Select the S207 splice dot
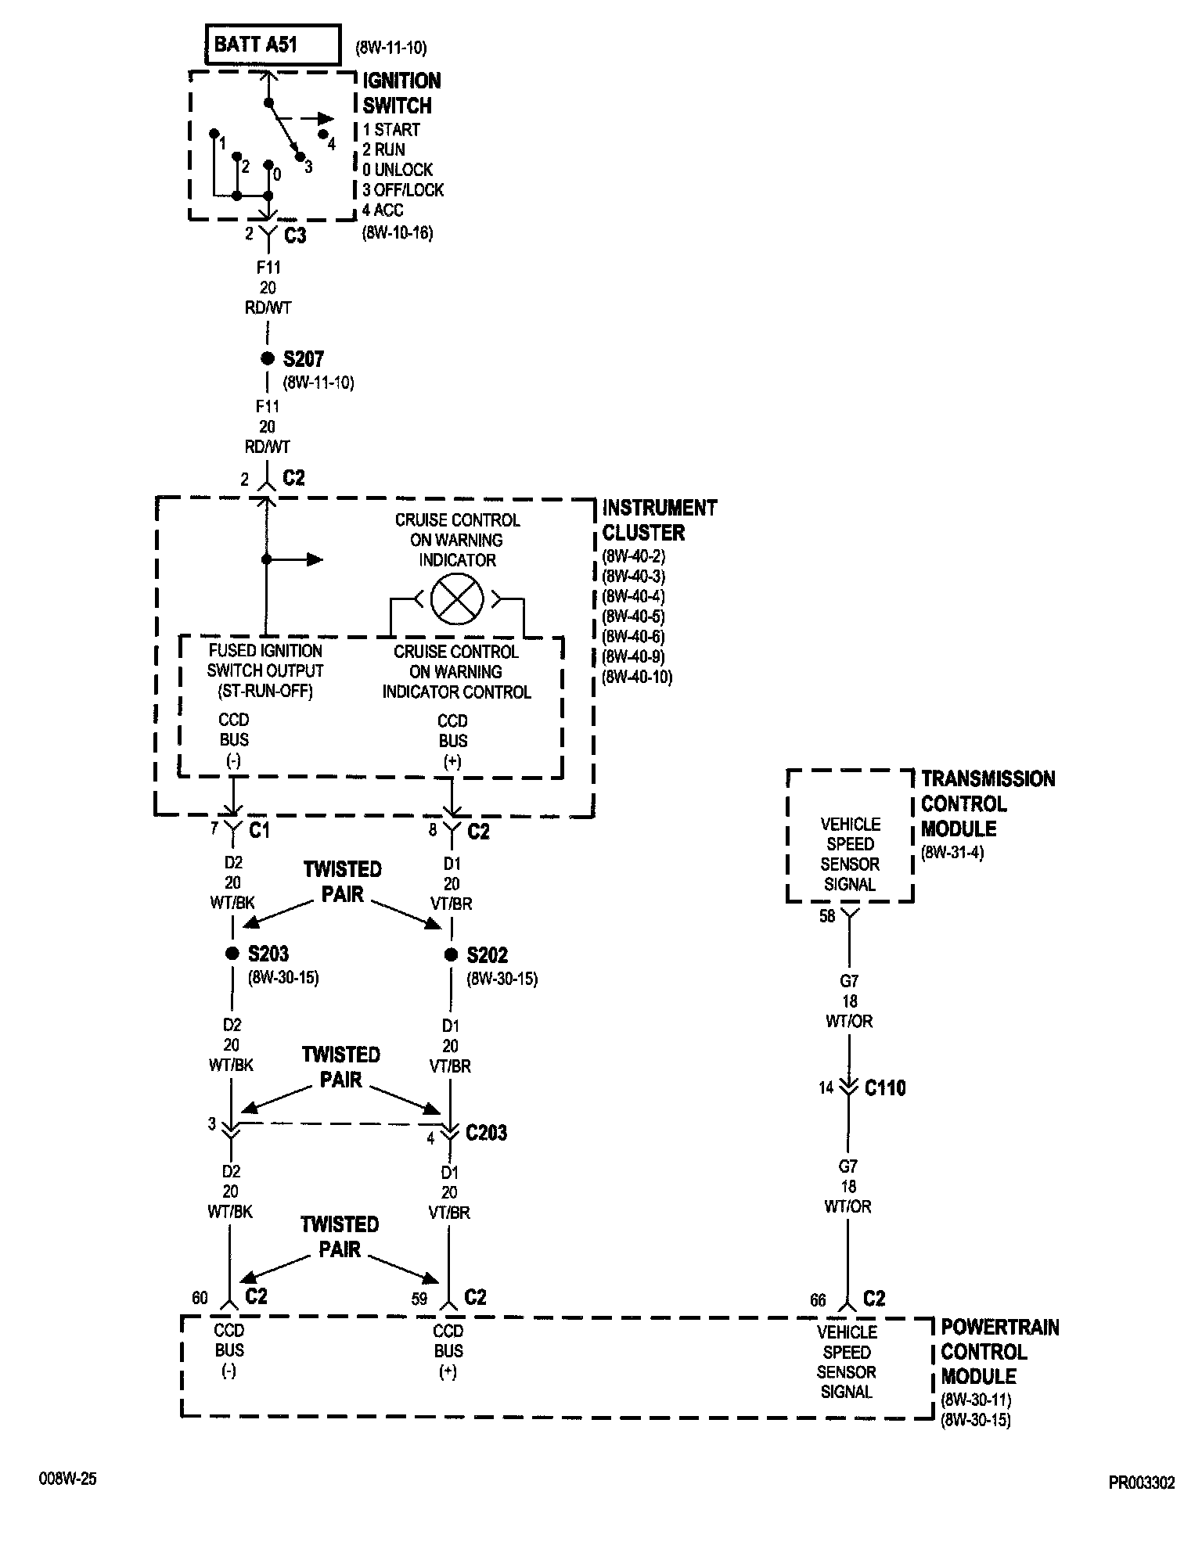267,359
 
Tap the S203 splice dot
232,954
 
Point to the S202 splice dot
451,954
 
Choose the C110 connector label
885,1087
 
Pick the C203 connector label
486,1132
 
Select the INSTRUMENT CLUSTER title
659,519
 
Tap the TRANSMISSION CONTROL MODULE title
988,803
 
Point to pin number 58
827,916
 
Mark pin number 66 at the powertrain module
818,1299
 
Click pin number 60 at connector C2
200,1298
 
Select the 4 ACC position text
383,210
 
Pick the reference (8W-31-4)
952,852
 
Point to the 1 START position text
391,129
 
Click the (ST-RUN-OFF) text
265,692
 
